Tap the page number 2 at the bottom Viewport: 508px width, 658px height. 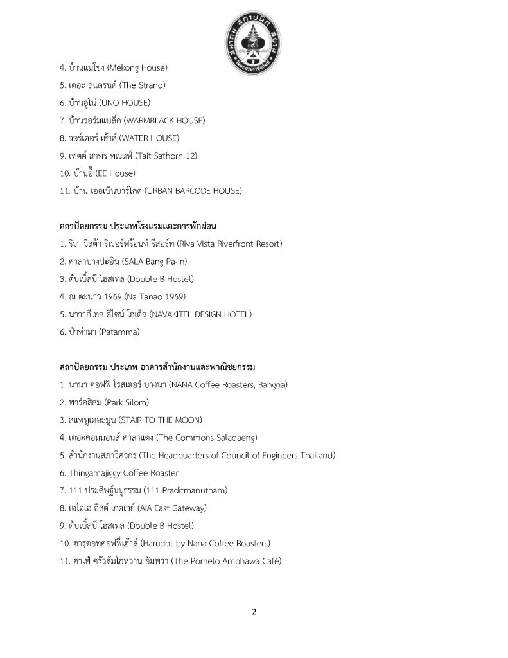[254, 612]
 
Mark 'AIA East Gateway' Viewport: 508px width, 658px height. [171, 508]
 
